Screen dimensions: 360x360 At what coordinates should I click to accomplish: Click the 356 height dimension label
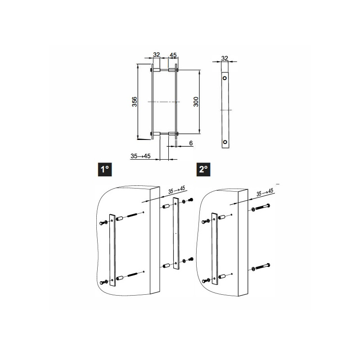[x=135, y=102]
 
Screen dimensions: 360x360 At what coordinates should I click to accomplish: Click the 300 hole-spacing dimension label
[x=196, y=102]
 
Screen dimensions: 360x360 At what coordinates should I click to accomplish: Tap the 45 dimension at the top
[x=173, y=55]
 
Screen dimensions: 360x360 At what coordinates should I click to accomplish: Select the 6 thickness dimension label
[x=191, y=143]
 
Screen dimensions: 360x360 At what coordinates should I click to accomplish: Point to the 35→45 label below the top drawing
[x=140, y=156]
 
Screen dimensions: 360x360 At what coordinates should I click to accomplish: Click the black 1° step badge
[x=105, y=170]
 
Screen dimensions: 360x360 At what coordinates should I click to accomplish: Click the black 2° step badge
[x=203, y=170]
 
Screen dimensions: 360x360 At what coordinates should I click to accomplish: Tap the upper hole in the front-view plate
[x=225, y=78]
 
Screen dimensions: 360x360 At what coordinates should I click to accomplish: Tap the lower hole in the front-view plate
[x=225, y=142]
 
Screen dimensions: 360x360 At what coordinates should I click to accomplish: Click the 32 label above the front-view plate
[x=225, y=58]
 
